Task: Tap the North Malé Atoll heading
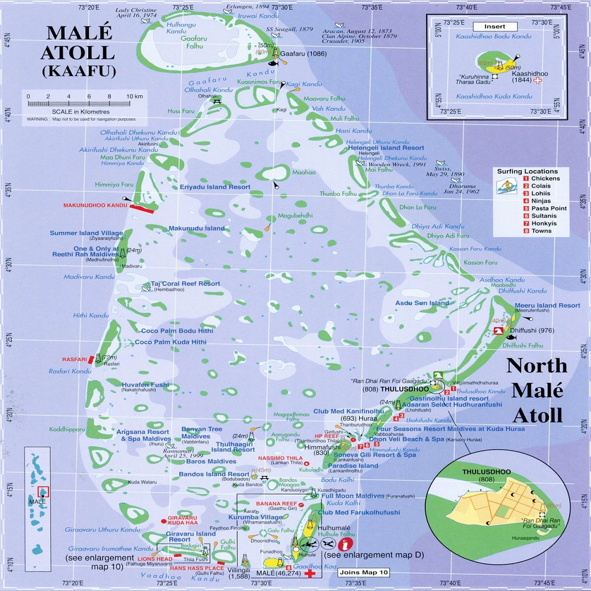point(537,390)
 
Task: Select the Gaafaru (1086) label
point(302,54)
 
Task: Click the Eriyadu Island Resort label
point(207,188)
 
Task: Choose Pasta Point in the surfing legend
point(549,208)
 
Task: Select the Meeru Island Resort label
point(547,305)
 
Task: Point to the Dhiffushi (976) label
point(537,331)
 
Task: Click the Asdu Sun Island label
point(422,303)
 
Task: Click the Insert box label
point(495,27)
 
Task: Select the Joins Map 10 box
point(364,573)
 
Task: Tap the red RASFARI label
point(74,359)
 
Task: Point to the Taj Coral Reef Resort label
point(185,284)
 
